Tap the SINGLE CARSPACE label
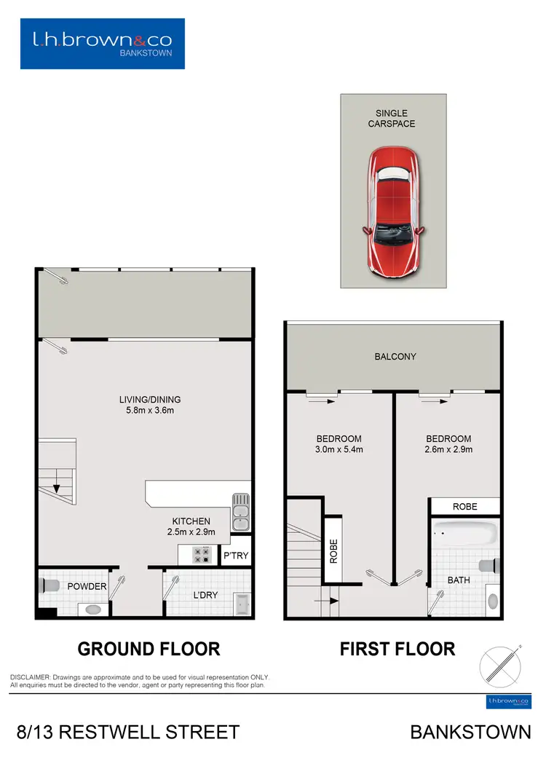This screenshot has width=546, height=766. [x=392, y=119]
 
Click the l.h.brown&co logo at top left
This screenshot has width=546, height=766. [x=103, y=44]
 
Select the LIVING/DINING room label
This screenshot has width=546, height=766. [x=150, y=400]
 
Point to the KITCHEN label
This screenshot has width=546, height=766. [x=191, y=521]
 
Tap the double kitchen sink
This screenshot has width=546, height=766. [x=241, y=512]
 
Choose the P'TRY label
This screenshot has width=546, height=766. [x=236, y=556]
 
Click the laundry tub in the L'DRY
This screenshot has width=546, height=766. [x=242, y=604]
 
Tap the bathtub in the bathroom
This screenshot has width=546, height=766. [x=465, y=535]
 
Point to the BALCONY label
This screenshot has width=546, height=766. [x=395, y=357]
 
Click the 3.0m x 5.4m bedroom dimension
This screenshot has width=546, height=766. [x=339, y=450]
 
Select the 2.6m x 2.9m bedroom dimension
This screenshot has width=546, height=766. [x=448, y=450]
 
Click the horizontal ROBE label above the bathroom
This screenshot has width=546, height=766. [x=465, y=506]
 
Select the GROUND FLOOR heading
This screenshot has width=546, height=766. [x=149, y=648]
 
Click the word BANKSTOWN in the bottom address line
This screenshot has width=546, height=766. [x=470, y=732]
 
